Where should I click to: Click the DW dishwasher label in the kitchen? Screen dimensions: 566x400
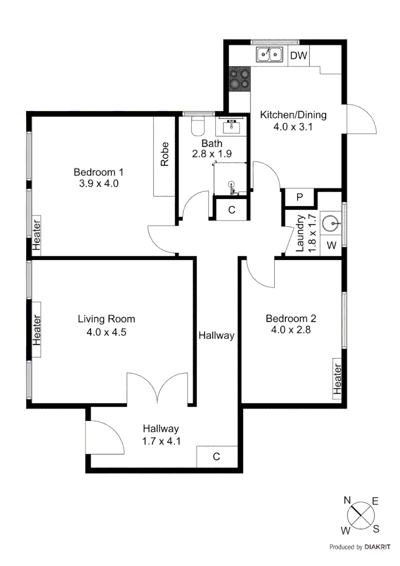[x=299, y=55]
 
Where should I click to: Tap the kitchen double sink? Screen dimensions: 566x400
[x=270, y=54]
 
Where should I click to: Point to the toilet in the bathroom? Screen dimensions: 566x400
[x=197, y=127]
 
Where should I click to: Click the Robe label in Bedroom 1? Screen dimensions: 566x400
[x=165, y=154]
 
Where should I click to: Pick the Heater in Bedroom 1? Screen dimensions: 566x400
[x=36, y=235]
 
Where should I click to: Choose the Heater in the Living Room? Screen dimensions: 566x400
[x=37, y=330]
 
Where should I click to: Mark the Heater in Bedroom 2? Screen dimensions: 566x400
[x=338, y=379]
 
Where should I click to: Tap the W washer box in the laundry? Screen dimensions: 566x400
[x=331, y=245]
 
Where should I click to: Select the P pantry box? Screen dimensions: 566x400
[x=299, y=197]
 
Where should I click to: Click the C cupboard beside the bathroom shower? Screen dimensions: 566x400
[x=232, y=210]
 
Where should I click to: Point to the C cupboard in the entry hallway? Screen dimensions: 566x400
[x=216, y=456]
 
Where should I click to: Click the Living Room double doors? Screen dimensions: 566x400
[x=157, y=388]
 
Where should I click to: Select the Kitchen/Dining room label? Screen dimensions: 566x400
[x=294, y=115]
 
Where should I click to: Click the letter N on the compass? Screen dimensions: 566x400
[x=347, y=500]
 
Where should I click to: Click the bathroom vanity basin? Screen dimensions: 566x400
[x=231, y=126]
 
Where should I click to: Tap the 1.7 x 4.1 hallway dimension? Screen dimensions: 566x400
[x=161, y=441]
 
